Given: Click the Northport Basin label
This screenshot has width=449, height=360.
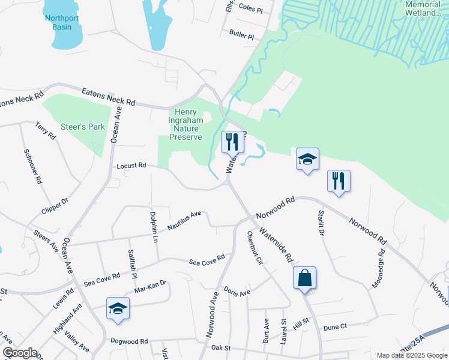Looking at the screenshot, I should pos(62,23).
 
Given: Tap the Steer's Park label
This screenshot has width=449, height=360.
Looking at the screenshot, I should pos(83,127).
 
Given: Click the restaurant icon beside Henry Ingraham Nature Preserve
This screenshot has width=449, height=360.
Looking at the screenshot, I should pos(233,142).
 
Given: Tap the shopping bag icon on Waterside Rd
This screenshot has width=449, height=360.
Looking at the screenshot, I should pos(304,278).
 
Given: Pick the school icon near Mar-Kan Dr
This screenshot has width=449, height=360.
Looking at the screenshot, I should pos(118,309).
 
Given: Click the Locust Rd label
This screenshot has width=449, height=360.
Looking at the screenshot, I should pos(131,165).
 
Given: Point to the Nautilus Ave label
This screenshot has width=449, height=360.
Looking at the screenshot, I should pos(184,220).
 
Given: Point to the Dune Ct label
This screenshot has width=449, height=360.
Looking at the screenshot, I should pos(335,327).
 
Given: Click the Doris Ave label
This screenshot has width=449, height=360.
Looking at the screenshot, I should pos(237,292).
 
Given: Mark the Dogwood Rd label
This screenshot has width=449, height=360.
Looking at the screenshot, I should pos(128,341).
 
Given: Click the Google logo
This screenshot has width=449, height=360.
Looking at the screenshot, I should pos(19,353).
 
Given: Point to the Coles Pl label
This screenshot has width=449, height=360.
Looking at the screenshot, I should pos(250,10).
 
